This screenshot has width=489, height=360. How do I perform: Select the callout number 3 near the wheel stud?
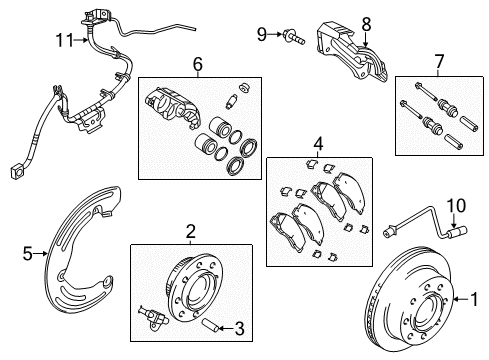[x=241, y=328]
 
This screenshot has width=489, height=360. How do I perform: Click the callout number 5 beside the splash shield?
[x=28, y=255]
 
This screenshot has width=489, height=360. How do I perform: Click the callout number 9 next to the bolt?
[x=263, y=34]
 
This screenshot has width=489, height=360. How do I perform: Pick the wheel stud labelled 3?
[x=211, y=327]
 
